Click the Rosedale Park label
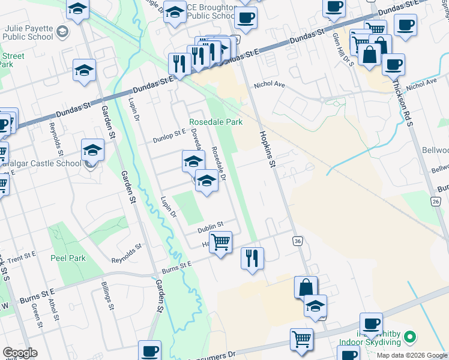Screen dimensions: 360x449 (x=216, y=122)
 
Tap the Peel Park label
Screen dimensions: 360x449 (x=68, y=259)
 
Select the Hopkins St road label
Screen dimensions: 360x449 (x=268, y=149)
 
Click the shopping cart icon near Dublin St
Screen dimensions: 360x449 (x=221, y=242)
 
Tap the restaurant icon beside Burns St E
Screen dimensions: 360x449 (x=252, y=258)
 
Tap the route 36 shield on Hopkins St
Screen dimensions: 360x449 (x=298, y=241)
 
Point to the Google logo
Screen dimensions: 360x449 (x=20, y=353)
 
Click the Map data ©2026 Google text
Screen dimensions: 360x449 (x=411, y=355)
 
